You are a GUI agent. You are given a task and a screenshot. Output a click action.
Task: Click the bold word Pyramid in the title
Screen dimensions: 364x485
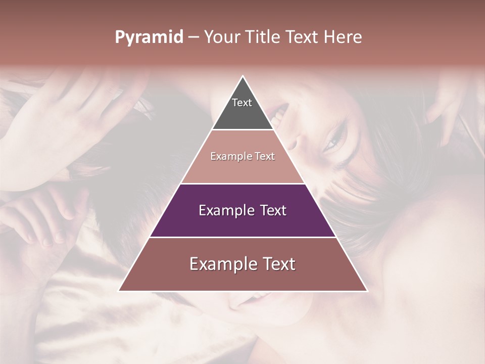149,37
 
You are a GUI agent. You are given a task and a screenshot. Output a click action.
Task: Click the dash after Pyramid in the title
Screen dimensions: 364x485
193,37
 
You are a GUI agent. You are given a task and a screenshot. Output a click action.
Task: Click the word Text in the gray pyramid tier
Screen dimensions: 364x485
242,103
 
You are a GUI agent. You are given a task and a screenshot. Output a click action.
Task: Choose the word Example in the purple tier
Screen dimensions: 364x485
226,210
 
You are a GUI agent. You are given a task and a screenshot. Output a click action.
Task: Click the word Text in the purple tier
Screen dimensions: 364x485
273,210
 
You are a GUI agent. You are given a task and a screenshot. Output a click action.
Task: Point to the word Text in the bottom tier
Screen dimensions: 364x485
278,264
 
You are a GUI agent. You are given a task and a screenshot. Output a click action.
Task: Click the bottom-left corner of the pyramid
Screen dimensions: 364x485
119,291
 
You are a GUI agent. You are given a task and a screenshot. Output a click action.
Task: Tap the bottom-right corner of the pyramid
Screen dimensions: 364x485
367,291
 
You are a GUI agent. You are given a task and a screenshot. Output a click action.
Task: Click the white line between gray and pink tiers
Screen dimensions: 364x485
243,130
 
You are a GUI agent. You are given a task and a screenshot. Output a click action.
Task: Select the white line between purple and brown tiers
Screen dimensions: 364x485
243,237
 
